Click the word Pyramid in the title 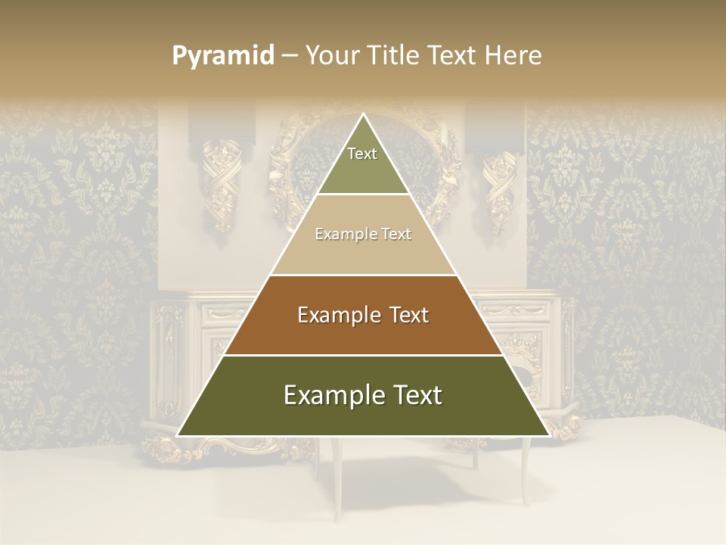click(223, 56)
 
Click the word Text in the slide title click(455, 56)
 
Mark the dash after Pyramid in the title click(289, 56)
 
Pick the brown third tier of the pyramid click(363, 333)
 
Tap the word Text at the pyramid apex click(362, 154)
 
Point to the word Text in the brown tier click(409, 315)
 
